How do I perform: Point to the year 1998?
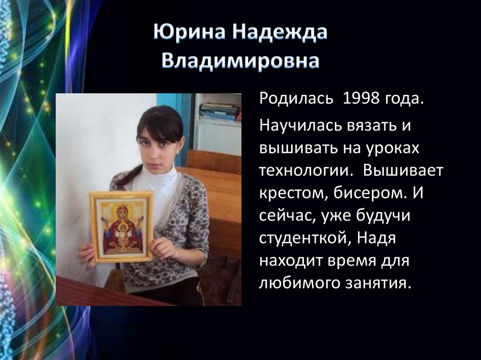pos(361,100)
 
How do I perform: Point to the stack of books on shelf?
pos(219,112)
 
